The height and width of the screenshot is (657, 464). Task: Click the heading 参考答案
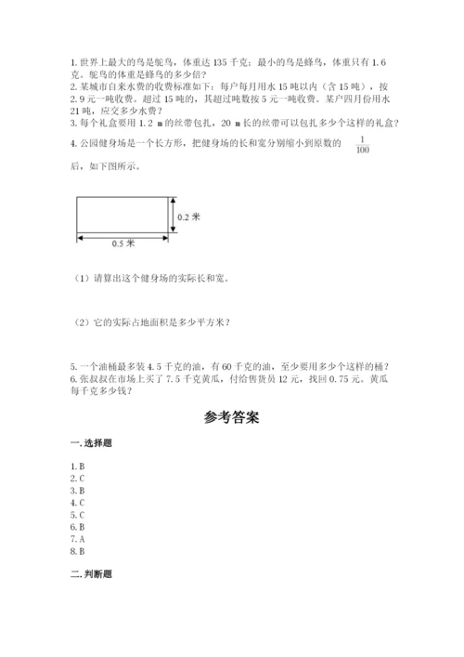tap(231, 417)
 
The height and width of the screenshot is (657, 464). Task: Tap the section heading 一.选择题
tap(84, 444)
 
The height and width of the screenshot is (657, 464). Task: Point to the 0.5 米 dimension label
tap(122, 243)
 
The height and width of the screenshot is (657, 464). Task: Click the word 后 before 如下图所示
tap(74, 166)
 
